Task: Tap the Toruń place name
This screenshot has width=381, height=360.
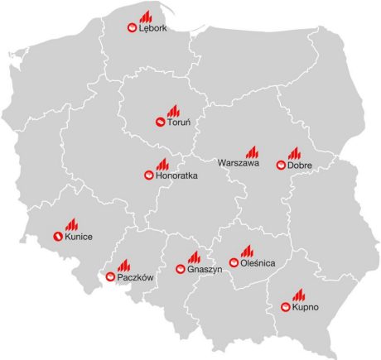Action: [179, 123]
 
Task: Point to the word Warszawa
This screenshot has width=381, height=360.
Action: [239, 164]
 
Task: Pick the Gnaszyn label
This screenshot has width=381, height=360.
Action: [203, 269]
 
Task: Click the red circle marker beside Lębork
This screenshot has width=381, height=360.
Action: [131, 28]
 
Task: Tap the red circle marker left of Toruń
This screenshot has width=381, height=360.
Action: [159, 123]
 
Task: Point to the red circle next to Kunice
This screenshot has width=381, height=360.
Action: [57, 238]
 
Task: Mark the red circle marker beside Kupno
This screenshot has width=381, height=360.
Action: [285, 308]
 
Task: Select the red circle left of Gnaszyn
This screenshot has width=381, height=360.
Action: [181, 269]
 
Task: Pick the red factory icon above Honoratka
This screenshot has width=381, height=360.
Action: [162, 163]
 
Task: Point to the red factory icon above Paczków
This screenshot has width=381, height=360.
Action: [123, 265]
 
